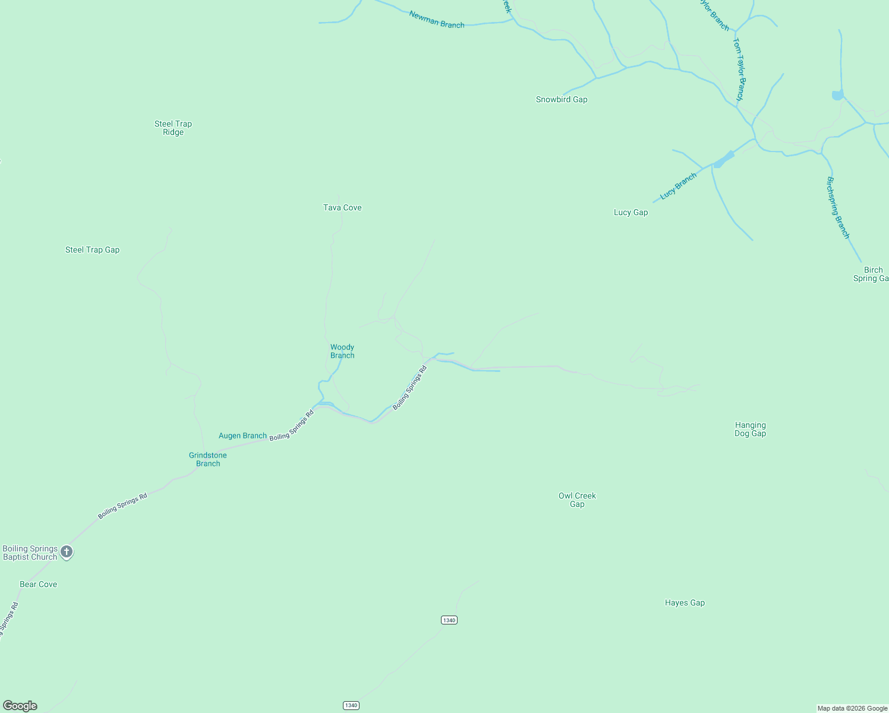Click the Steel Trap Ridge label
point(173,128)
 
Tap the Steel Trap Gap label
point(92,250)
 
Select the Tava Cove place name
point(342,207)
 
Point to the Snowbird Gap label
point(562,99)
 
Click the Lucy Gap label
point(631,212)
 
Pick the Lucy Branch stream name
point(678,187)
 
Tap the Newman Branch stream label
point(437,20)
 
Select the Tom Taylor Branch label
point(738,69)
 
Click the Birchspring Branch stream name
point(838,207)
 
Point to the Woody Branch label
point(342,351)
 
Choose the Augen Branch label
point(242,436)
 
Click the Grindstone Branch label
point(208,459)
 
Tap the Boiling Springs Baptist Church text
point(30,553)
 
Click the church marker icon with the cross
point(67,552)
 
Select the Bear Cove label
point(39,584)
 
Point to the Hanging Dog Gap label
point(750,429)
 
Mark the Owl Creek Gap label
point(577,500)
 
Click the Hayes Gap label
point(685,602)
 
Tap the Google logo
point(20,706)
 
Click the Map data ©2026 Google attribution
point(852,708)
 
